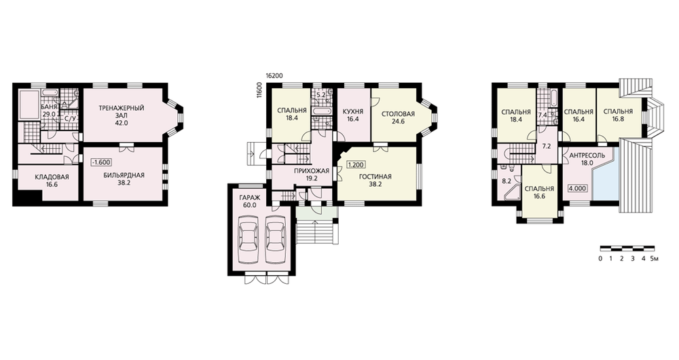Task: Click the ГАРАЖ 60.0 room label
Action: [x=249, y=202]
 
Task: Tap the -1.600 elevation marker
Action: [x=101, y=162]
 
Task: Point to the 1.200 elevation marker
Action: [x=356, y=164]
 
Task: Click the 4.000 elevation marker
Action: [x=578, y=188]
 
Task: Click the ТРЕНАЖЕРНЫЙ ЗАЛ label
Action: [x=122, y=115]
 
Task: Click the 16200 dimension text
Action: [x=274, y=75]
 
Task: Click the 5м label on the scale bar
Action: [x=654, y=259]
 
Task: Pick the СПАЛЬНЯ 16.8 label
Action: [x=618, y=115]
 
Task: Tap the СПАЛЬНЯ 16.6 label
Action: [x=540, y=192]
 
